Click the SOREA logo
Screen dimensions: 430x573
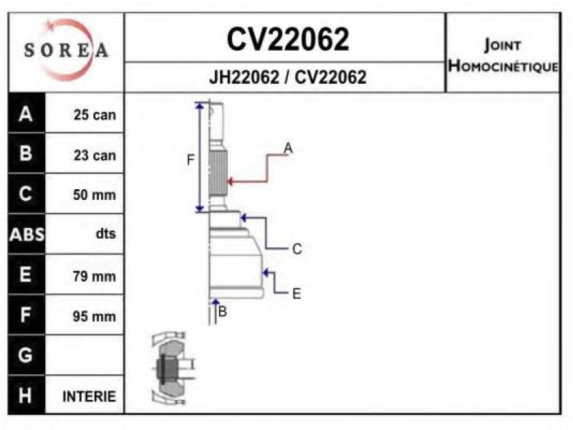click(66, 50)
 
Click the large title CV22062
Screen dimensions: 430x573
click(288, 39)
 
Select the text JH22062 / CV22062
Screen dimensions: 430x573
click(287, 77)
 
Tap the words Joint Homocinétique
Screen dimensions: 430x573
click(503, 55)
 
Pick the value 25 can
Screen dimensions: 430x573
click(95, 115)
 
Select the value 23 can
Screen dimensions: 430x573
click(95, 155)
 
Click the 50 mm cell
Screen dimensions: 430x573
click(94, 195)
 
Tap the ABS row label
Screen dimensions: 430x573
click(26, 234)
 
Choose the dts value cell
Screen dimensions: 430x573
click(105, 234)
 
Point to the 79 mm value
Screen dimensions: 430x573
click(94, 275)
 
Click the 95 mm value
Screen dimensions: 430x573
click(94, 315)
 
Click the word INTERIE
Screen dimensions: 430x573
click(90, 396)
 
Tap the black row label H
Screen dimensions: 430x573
click(26, 396)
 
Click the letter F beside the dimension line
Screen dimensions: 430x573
click(191, 161)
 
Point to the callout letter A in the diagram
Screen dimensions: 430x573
click(287, 148)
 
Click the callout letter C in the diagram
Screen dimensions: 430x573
click(297, 249)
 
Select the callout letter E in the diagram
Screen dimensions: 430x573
click(296, 293)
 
